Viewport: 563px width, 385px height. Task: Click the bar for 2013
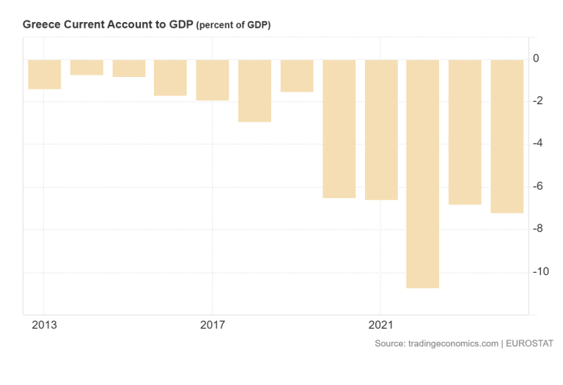pyautogui.click(x=45, y=74)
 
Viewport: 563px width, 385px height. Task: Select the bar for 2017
pyautogui.click(x=213, y=80)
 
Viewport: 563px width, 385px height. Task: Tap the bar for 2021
pyautogui.click(x=381, y=129)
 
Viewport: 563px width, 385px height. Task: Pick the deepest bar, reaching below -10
pyautogui.click(x=423, y=173)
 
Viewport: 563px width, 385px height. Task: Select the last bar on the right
pyautogui.click(x=507, y=136)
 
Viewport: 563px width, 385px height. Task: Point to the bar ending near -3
pyautogui.click(x=254, y=90)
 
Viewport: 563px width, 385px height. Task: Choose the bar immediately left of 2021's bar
pyautogui.click(x=339, y=128)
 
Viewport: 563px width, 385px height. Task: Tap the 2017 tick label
pyautogui.click(x=213, y=324)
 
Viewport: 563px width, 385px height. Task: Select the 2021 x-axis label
pyautogui.click(x=381, y=324)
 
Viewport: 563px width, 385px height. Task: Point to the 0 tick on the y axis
pyautogui.click(x=537, y=59)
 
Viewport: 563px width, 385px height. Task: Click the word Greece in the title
pyautogui.click(x=41, y=25)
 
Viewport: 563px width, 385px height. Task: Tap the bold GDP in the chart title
pyautogui.click(x=180, y=25)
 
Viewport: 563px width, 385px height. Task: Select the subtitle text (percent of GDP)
pyautogui.click(x=233, y=26)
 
